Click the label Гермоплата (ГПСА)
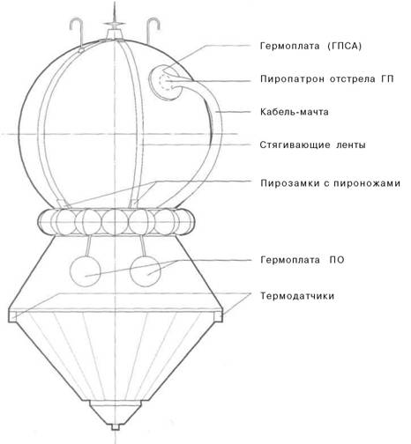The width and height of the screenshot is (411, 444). click(x=310, y=46)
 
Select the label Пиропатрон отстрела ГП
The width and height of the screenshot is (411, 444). click(x=327, y=79)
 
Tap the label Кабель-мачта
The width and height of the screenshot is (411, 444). click(x=295, y=112)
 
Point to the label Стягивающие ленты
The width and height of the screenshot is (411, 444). click(x=312, y=145)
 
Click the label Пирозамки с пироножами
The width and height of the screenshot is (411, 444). click(x=330, y=183)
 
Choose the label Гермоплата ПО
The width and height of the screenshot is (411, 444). click(x=303, y=260)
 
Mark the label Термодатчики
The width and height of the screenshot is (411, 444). click(x=297, y=296)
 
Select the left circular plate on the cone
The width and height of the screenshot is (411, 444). click(x=86, y=270)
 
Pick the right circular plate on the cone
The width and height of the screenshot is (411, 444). click(x=146, y=270)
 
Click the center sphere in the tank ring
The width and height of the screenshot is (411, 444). click(x=116, y=222)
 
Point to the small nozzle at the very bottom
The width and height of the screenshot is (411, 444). click(x=115, y=426)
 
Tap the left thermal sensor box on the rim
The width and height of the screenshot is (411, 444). click(x=12, y=316)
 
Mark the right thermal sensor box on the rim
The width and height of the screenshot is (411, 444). click(x=219, y=316)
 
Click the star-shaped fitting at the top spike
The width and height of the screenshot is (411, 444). click(x=115, y=23)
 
